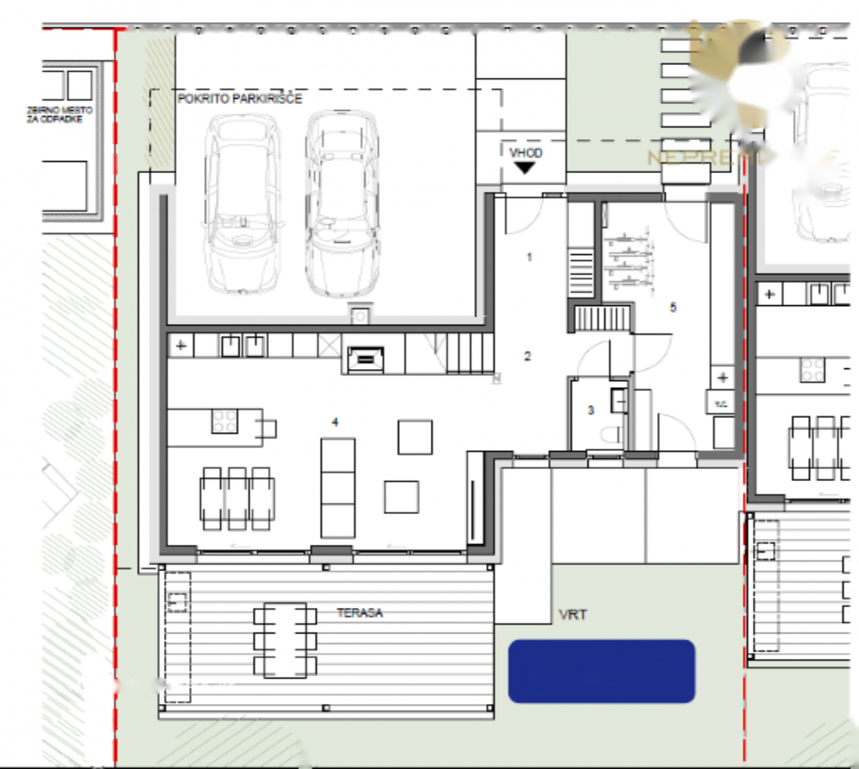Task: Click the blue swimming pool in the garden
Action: (x=601, y=671)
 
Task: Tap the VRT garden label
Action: (x=572, y=614)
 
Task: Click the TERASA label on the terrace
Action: (x=360, y=613)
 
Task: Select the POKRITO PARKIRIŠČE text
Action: (x=240, y=99)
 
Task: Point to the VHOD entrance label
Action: (x=525, y=153)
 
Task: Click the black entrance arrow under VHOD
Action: (x=524, y=168)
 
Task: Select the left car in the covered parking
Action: (x=242, y=203)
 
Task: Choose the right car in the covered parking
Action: (x=342, y=203)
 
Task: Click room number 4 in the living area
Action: (x=335, y=422)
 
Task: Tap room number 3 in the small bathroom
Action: (x=591, y=410)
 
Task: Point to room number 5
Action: (x=673, y=307)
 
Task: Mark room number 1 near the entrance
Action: (x=529, y=257)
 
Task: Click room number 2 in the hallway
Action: (x=527, y=356)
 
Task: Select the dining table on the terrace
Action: (x=285, y=640)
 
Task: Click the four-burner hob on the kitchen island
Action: (x=224, y=421)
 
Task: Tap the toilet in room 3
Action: (x=612, y=435)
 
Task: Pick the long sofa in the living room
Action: (x=338, y=487)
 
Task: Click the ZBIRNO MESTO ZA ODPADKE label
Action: (x=60, y=114)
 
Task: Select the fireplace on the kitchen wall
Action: (x=365, y=360)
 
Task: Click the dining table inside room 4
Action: (x=237, y=499)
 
